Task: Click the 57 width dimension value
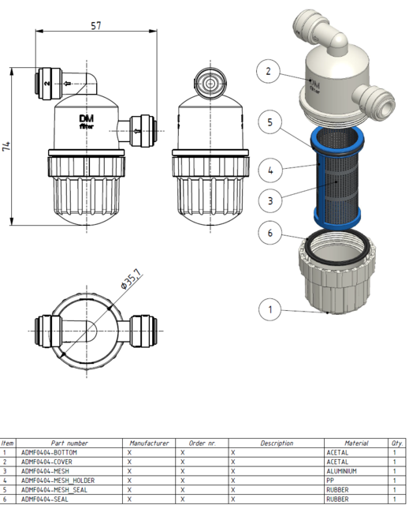(x=96, y=25)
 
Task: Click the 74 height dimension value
(x=7, y=147)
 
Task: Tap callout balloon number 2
(x=269, y=72)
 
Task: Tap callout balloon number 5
(x=270, y=124)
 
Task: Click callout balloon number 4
(x=270, y=169)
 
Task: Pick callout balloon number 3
(x=270, y=200)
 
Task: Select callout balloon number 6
(x=270, y=234)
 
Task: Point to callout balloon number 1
(x=270, y=309)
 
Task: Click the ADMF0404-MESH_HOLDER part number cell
(x=58, y=480)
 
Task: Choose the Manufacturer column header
(x=150, y=443)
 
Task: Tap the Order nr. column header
(x=202, y=443)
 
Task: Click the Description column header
(x=277, y=443)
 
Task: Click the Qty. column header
(x=396, y=443)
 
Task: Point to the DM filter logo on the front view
(x=87, y=120)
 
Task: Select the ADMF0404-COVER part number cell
(x=48, y=462)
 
